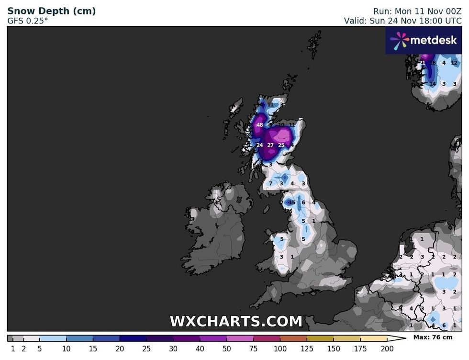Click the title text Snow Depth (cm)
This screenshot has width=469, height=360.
tap(51, 11)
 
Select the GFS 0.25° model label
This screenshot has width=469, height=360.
tap(28, 21)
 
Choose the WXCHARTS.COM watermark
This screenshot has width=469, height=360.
tap(236, 321)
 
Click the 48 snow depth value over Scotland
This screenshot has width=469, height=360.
tap(259, 125)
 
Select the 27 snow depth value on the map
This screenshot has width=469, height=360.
tap(270, 145)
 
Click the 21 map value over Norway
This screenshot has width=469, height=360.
tap(422, 63)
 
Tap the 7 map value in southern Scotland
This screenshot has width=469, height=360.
tap(270, 183)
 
